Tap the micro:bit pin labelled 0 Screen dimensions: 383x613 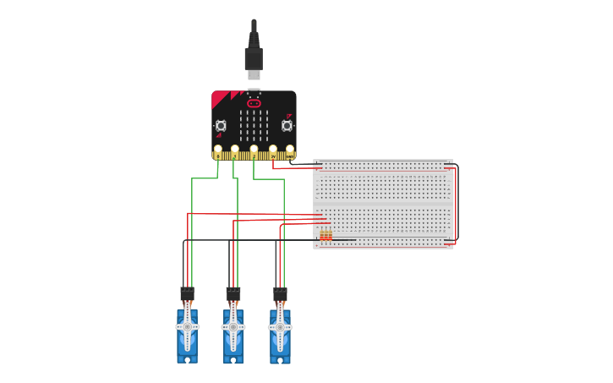click(x=218, y=150)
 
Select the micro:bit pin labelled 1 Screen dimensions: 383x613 click(x=235, y=150)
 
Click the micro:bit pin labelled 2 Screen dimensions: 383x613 click(x=254, y=150)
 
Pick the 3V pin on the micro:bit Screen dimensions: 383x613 click(x=272, y=150)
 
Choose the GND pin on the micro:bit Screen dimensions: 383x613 click(x=290, y=150)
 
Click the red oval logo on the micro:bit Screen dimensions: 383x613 click(x=254, y=103)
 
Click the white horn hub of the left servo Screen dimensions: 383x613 click(x=187, y=326)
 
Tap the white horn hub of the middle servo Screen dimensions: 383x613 click(x=233, y=326)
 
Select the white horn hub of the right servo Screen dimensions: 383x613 click(x=280, y=326)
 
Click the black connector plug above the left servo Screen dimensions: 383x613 click(x=187, y=294)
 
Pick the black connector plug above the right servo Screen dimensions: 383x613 click(x=280, y=294)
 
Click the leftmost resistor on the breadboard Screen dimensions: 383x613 click(x=322, y=234)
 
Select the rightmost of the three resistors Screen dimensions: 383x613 click(x=330, y=234)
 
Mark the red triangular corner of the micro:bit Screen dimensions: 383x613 click(x=219, y=99)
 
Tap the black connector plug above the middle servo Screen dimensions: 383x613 click(x=233, y=294)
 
